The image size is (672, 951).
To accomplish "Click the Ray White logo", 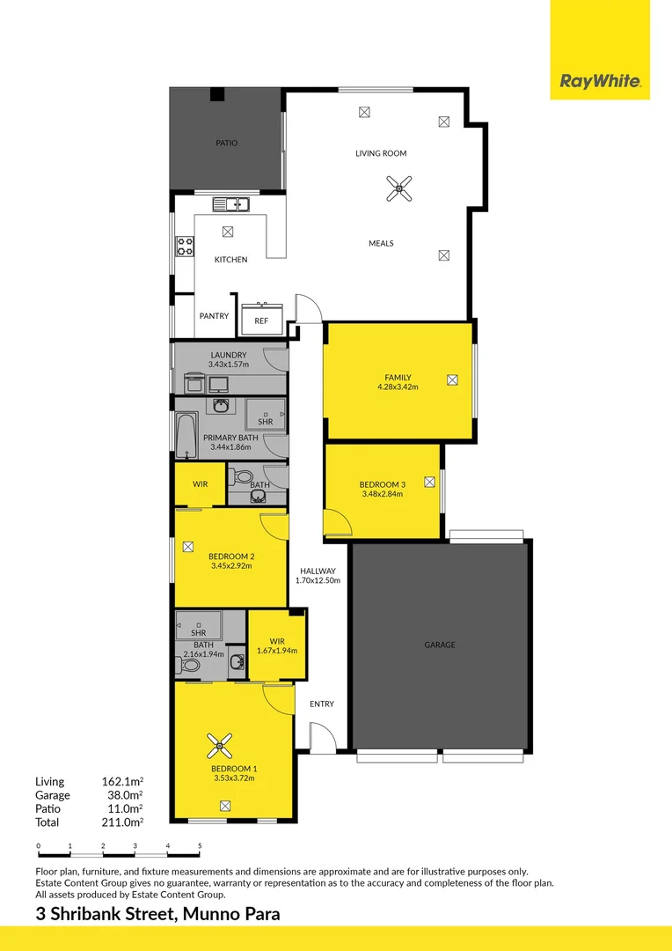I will [x=600, y=82].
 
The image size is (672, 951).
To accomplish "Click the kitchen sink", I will [x=230, y=204].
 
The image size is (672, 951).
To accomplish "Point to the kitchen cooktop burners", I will [x=185, y=245].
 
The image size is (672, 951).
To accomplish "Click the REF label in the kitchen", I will [x=261, y=321].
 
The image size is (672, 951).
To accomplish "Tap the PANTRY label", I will [x=214, y=316].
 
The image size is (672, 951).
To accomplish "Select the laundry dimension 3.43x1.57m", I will [x=229, y=364].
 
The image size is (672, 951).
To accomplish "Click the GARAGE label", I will [x=440, y=645].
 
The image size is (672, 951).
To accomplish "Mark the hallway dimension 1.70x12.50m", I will [x=319, y=580].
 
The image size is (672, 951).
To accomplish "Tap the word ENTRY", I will [x=321, y=704].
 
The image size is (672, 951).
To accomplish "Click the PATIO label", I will [x=226, y=143].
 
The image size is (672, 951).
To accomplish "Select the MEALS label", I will [x=380, y=243].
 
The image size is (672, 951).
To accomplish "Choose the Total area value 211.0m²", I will [x=122, y=822].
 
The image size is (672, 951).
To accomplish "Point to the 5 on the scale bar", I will [x=200, y=846].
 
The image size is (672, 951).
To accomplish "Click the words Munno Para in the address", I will [x=231, y=914].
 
